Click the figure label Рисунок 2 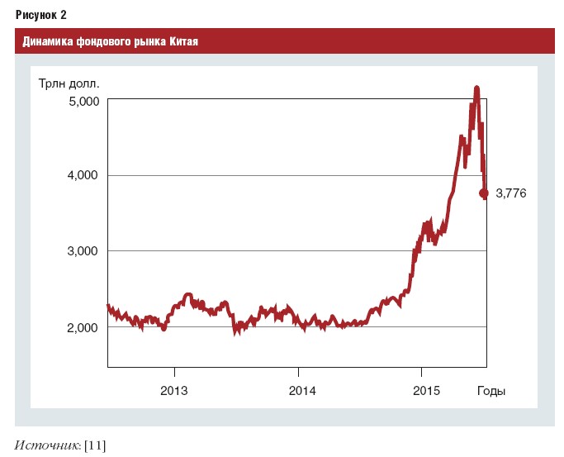pyautogui.click(x=41, y=15)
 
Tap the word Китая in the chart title pyautogui.click(x=184, y=41)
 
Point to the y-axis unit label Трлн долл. pyautogui.click(x=69, y=83)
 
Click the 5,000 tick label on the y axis pyautogui.click(x=83, y=102)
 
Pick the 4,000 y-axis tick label pyautogui.click(x=83, y=175)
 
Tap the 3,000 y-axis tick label pyautogui.click(x=83, y=250)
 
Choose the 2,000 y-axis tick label pyautogui.click(x=83, y=328)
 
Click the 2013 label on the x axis pyautogui.click(x=174, y=391)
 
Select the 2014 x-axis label pyautogui.click(x=302, y=391)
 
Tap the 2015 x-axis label pyautogui.click(x=426, y=391)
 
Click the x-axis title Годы pyautogui.click(x=491, y=391)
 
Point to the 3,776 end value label pyautogui.click(x=511, y=193)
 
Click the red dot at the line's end pyautogui.click(x=484, y=193)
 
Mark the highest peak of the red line pyautogui.click(x=476, y=88)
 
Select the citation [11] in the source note pyautogui.click(x=95, y=446)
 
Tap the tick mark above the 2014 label pyautogui.click(x=298, y=371)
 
